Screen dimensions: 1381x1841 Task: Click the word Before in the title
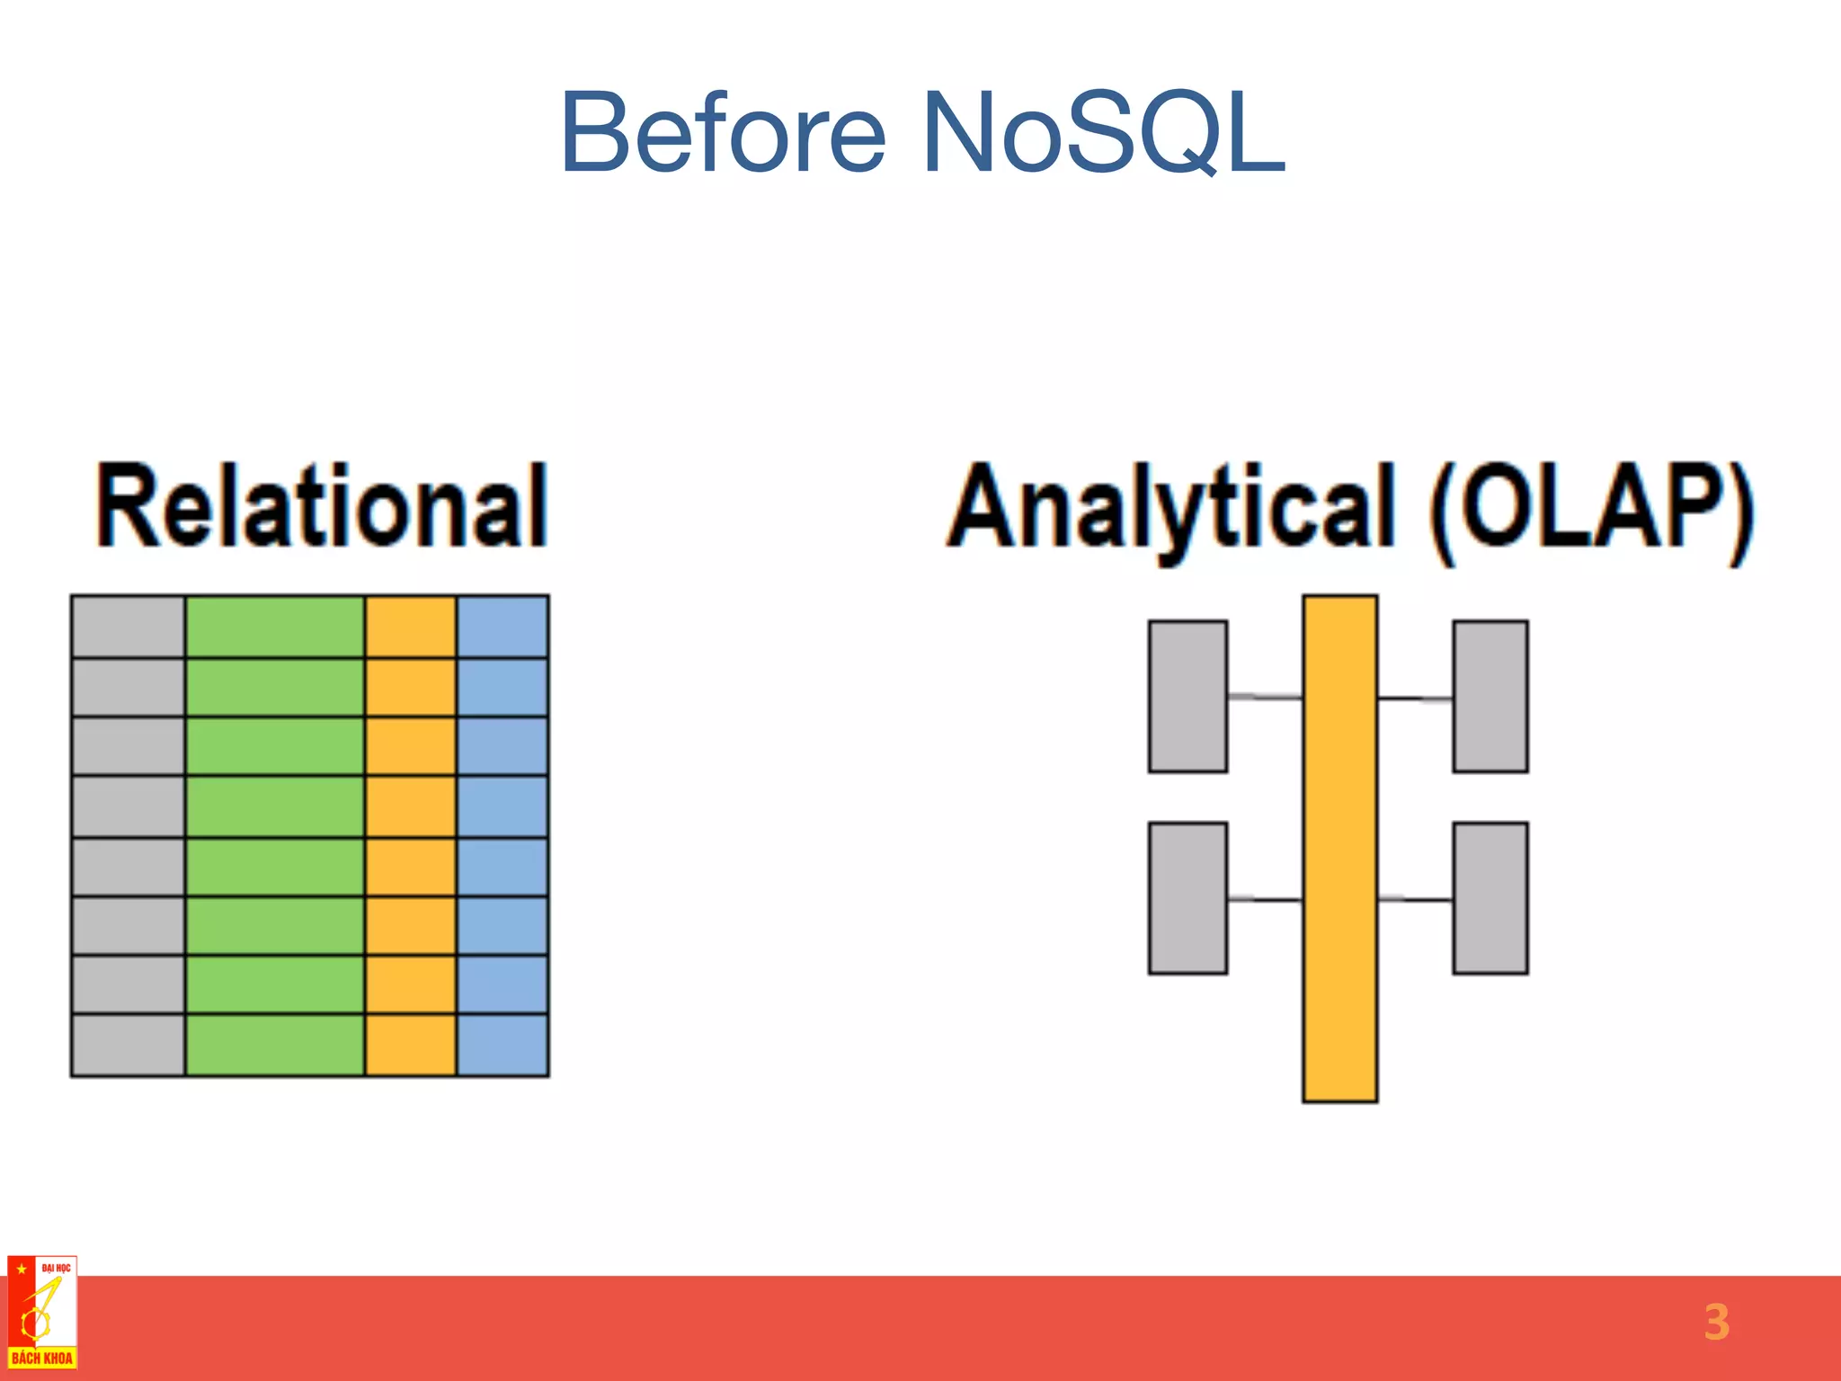[x=723, y=133]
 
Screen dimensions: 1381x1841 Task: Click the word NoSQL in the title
[x=1104, y=133]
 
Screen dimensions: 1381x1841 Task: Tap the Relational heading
[x=322, y=505]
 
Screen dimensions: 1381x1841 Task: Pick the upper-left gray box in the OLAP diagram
[x=1187, y=696]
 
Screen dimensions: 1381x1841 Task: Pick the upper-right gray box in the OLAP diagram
[x=1490, y=696]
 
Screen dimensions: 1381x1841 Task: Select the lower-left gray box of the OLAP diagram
[x=1187, y=897]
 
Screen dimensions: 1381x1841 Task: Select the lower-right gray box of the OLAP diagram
[x=1490, y=897]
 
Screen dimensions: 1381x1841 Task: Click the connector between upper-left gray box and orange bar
[x=1265, y=697]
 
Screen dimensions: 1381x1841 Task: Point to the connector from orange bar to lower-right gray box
[x=1415, y=898]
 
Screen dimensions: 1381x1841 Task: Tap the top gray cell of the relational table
[x=129, y=627]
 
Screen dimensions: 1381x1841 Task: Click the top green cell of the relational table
[x=275, y=627]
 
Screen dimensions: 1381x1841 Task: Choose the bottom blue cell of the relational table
[x=502, y=1045]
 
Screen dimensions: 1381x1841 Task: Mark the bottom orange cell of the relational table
[x=411, y=1045]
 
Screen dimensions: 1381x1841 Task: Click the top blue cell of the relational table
[x=502, y=627]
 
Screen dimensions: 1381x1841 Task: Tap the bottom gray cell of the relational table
[x=129, y=1045]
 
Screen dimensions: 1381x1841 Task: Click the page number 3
[x=1716, y=1322]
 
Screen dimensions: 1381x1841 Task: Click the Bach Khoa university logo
[x=42, y=1313]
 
